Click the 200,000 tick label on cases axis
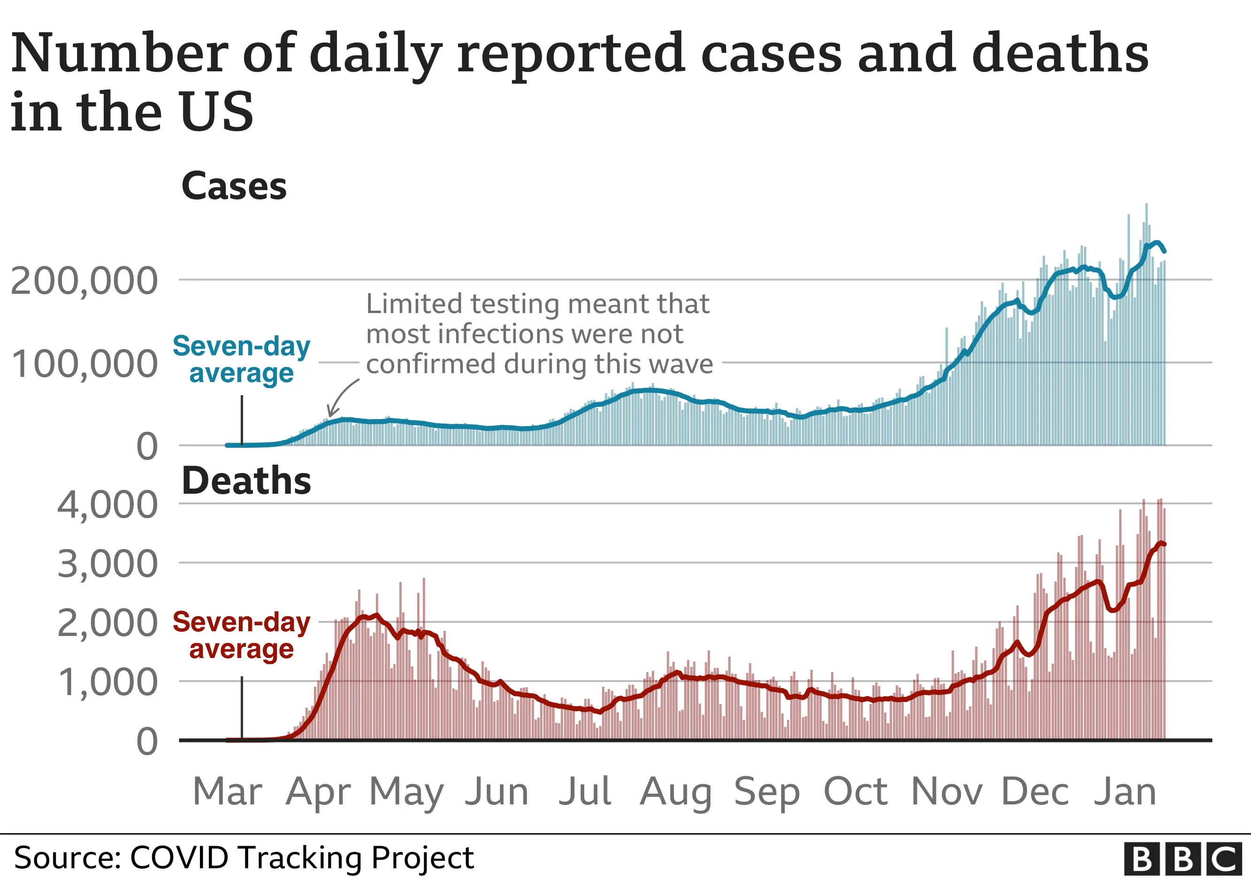pos(84,282)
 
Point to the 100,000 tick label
pos(84,365)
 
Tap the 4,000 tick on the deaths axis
pos(107,505)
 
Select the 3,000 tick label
pos(107,565)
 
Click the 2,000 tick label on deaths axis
pos(107,623)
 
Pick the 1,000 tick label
pos(107,683)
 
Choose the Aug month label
pos(676,793)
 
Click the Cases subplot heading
pos(234,186)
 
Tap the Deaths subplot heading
pos(246,481)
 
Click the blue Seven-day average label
pos(241,360)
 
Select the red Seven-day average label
pos(241,635)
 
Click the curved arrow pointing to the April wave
pos(342,398)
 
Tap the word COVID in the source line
pos(179,858)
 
